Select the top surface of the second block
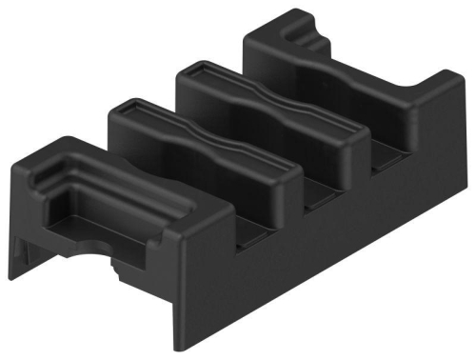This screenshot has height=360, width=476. coord(190,138)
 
